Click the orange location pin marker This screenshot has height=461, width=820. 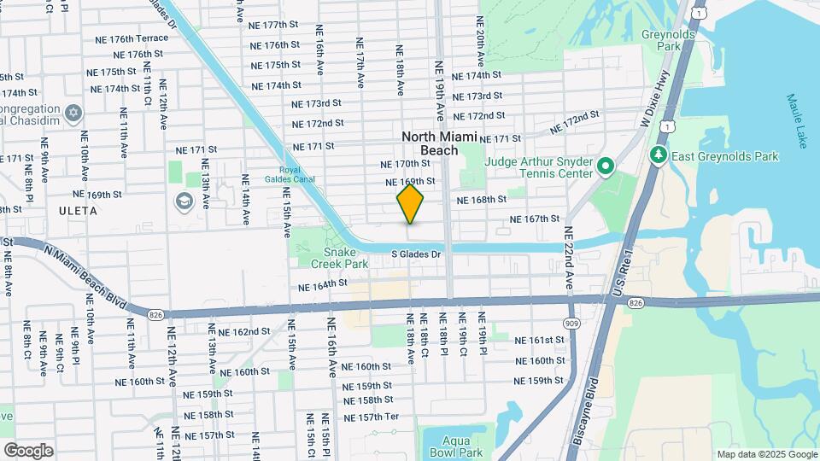click(x=410, y=204)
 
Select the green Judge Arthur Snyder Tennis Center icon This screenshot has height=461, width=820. click(x=606, y=165)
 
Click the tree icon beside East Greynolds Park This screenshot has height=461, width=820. click(x=658, y=155)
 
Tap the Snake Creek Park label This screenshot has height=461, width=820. click(x=344, y=258)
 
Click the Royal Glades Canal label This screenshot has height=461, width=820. click(x=296, y=174)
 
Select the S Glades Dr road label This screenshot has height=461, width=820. click(x=416, y=254)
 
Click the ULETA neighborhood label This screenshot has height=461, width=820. click(x=79, y=210)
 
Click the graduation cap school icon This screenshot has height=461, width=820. click(x=183, y=201)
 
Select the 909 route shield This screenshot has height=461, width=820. click(x=571, y=324)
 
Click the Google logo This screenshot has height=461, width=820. click(x=28, y=450)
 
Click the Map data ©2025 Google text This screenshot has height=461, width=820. click(x=766, y=454)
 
